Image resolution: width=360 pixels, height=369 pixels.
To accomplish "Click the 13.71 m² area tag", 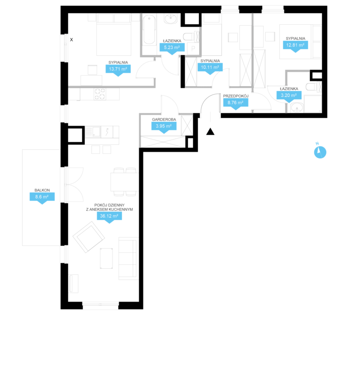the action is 118,69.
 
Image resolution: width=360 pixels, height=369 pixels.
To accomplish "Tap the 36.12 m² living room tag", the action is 109,216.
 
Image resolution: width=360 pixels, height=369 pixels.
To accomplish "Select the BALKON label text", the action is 42,190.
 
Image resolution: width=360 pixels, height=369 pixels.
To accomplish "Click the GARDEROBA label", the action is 164,119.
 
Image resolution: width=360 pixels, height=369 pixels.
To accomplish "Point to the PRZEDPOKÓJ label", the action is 236,96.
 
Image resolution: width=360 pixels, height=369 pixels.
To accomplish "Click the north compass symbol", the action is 320,152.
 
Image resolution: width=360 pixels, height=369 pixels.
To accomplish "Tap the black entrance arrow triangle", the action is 210,132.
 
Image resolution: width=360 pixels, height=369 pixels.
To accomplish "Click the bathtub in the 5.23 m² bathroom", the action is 149,30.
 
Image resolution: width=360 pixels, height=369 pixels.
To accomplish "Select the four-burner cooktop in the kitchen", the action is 100,94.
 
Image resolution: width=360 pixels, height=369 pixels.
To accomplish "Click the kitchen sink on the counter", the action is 96,132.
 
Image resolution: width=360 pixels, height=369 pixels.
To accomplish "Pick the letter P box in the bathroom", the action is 193,49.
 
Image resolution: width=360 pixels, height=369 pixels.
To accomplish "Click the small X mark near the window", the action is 71,40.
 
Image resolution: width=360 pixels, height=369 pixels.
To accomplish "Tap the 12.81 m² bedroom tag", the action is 295,45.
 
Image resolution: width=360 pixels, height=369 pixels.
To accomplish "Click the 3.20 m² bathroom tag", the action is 289,96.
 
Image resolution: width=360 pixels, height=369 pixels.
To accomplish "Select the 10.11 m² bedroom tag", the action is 210,67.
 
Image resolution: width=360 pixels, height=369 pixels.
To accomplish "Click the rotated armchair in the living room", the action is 89,237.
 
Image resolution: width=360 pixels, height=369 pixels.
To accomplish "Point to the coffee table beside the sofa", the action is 106,258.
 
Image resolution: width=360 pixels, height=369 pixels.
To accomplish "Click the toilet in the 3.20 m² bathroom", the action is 312,87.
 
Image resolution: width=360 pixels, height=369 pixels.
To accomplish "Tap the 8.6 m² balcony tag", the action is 42,197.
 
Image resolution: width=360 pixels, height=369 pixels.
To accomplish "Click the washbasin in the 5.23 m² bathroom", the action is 171,19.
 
